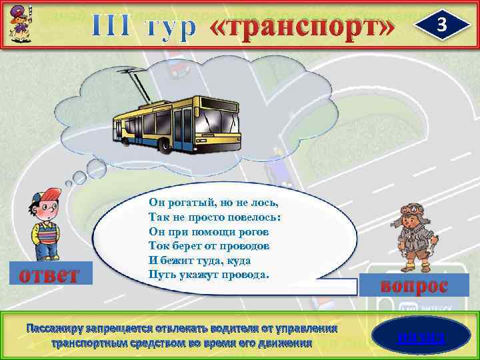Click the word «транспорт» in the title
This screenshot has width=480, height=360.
[x=303, y=27]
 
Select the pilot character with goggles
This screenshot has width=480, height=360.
[x=412, y=236]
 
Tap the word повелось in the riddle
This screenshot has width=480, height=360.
[x=250, y=217]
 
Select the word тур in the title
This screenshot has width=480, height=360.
[x=171, y=27]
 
